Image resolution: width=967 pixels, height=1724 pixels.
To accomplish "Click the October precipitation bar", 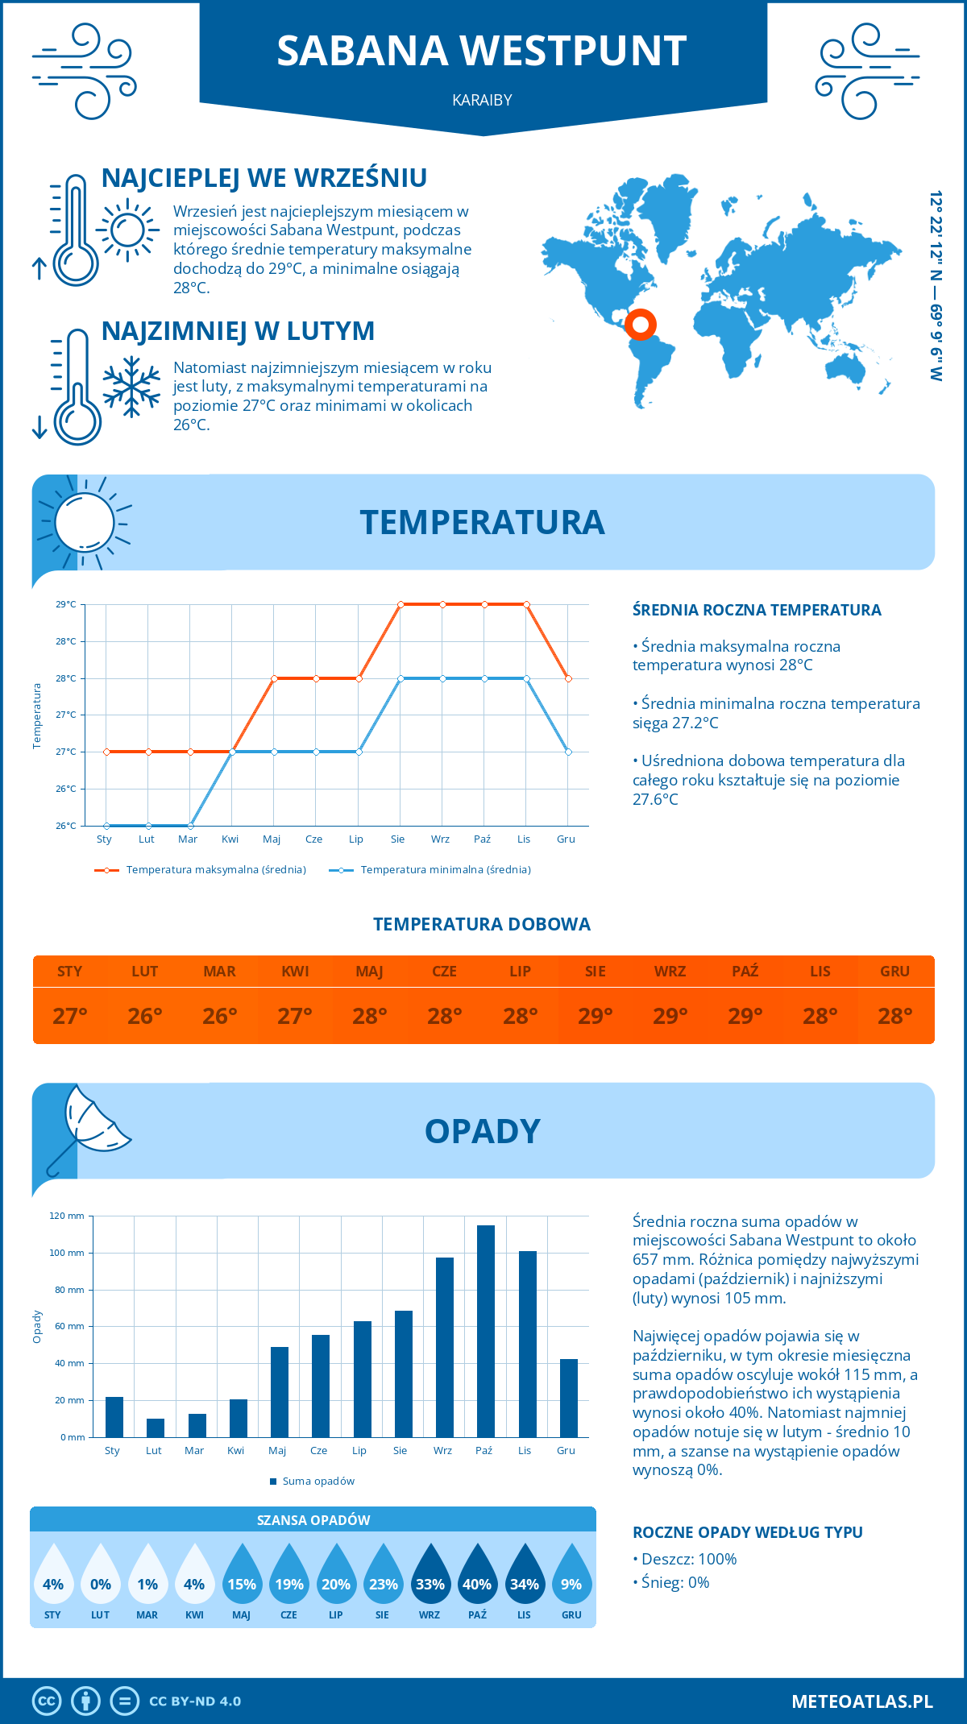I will pyautogui.click(x=486, y=1331).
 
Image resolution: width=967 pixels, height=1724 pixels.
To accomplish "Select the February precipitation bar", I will pyautogui.click(x=156, y=1428).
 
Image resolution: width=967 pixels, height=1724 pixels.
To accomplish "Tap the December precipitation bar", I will pyautogui.click(x=569, y=1398).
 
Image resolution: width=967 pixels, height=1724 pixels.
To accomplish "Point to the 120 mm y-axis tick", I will pyautogui.click(x=68, y=1216).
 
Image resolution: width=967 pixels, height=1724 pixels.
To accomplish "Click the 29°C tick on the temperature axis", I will pyautogui.click(x=66, y=604).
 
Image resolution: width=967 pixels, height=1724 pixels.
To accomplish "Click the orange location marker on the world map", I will pyautogui.click(x=641, y=325).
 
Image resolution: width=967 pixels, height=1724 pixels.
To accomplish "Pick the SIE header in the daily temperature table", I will pyautogui.click(x=596, y=972).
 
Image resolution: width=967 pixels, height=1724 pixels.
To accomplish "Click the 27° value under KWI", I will pyautogui.click(x=295, y=1016).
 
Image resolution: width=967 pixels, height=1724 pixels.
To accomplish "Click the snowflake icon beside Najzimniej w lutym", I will pyautogui.click(x=131, y=387).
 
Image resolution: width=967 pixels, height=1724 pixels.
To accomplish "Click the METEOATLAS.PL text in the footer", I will pyautogui.click(x=862, y=1701).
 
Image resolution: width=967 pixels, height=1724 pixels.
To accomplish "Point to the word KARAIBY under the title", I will pyautogui.click(x=482, y=100).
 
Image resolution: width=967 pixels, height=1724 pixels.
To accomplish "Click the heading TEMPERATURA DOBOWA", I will pyautogui.click(x=482, y=924).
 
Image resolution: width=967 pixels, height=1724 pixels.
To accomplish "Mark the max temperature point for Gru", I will pyautogui.click(x=569, y=678).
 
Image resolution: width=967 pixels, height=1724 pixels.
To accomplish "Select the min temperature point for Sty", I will pyautogui.click(x=106, y=826).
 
